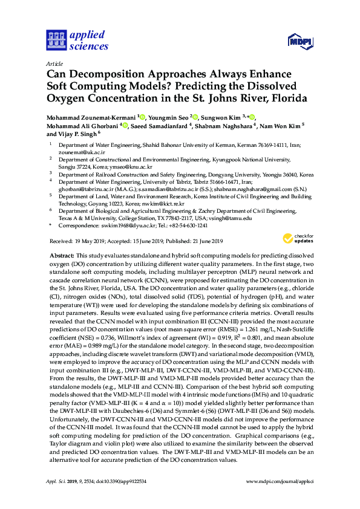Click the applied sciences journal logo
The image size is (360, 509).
tap(77, 41)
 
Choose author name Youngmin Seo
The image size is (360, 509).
tap(168, 115)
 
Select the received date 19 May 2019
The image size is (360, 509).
tap(88, 241)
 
